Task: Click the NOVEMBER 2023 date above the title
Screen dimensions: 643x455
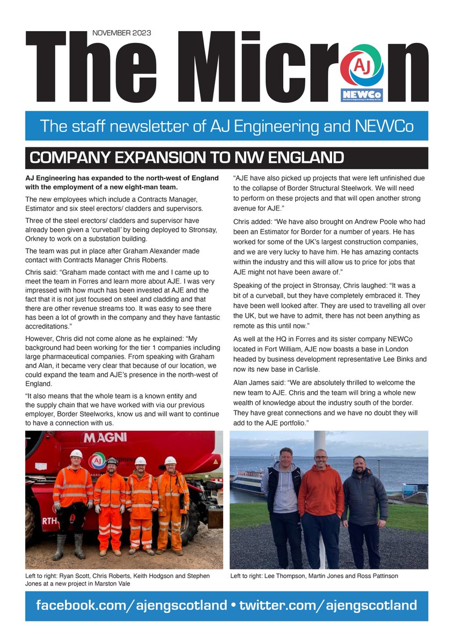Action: (x=121, y=33)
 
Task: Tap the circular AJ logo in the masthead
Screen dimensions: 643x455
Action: (x=362, y=65)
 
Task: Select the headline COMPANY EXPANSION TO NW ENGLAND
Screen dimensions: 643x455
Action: (x=187, y=158)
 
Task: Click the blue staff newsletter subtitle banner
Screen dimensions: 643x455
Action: (x=226, y=126)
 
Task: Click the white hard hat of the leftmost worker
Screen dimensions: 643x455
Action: (x=76, y=454)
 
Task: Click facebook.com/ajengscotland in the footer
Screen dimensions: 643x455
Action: (x=131, y=605)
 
